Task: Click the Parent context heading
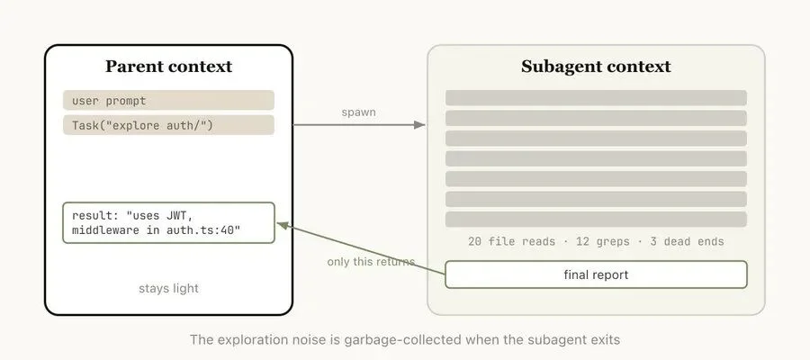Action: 168,67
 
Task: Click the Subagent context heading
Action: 596,67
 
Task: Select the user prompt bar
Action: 168,100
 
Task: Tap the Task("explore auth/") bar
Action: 168,125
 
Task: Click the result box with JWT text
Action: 168,223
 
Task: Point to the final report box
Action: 596,274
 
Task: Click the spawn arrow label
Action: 358,112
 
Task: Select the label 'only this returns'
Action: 371,262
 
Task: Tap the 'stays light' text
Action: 168,289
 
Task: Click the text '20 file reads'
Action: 508,242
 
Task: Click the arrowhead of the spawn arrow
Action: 419,125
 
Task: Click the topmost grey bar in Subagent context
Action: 596,97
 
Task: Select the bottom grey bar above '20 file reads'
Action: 596,219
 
